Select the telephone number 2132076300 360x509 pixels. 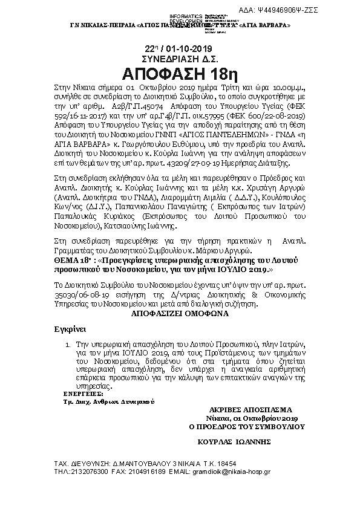(90, 470)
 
